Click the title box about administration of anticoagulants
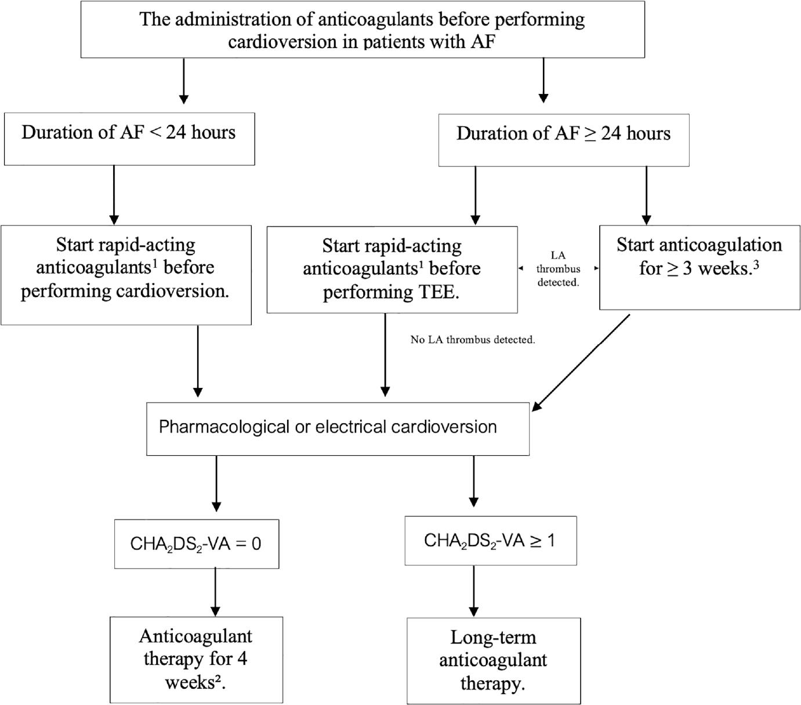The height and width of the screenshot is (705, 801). [x=363, y=30]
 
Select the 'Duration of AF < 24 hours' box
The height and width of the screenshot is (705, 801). [x=129, y=139]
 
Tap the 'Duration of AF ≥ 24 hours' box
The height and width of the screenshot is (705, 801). [x=563, y=140]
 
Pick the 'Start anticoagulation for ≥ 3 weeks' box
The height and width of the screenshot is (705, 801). [x=699, y=267]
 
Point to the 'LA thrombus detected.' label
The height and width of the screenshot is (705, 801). [x=558, y=269]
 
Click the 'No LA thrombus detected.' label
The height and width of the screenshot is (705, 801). [x=473, y=340]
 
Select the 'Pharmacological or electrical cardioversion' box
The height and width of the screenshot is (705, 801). [x=338, y=428]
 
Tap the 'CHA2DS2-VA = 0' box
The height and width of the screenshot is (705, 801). [x=196, y=543]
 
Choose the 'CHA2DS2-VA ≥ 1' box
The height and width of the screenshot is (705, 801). [x=490, y=540]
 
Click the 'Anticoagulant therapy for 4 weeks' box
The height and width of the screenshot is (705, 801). [x=196, y=659]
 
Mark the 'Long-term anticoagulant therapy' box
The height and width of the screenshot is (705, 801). [x=493, y=660]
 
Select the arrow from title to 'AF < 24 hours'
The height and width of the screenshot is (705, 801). [x=184, y=81]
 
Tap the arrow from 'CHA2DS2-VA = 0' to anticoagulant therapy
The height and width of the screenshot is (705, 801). [x=216, y=591]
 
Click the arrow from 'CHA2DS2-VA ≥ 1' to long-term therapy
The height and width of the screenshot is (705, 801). [x=474, y=591]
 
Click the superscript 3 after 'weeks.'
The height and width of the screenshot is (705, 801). [x=756, y=264]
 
